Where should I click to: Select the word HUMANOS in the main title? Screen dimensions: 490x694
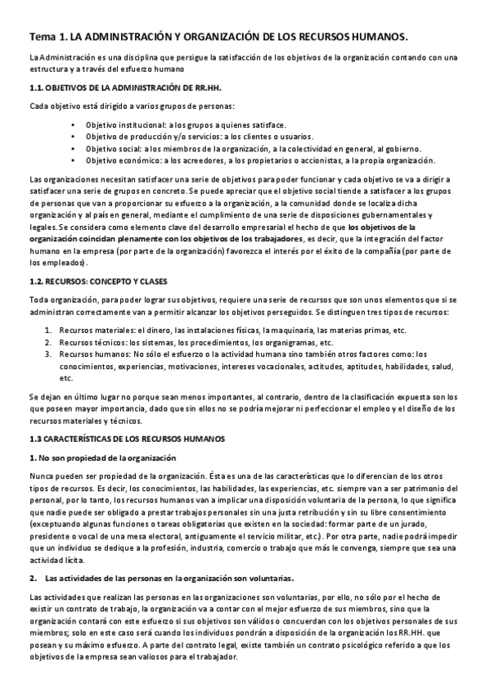(377, 37)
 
